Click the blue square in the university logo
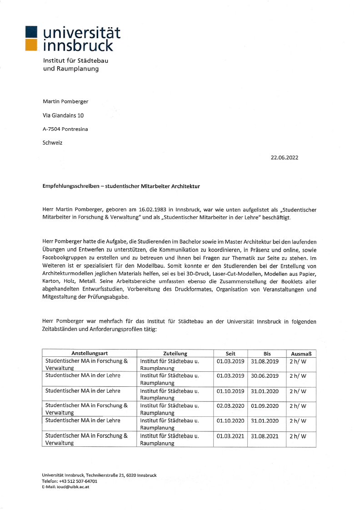[x=31, y=32]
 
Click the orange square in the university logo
[x=31, y=45]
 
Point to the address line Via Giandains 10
[x=63, y=115]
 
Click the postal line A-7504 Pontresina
[x=65, y=129]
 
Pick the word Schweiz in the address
[x=53, y=143]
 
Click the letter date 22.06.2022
[x=285, y=158]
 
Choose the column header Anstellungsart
[x=89, y=353]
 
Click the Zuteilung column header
[x=175, y=353]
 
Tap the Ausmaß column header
[x=300, y=353]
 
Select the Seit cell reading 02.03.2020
[x=230, y=406]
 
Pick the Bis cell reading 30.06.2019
[x=265, y=376]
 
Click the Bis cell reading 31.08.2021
[x=265, y=436]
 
